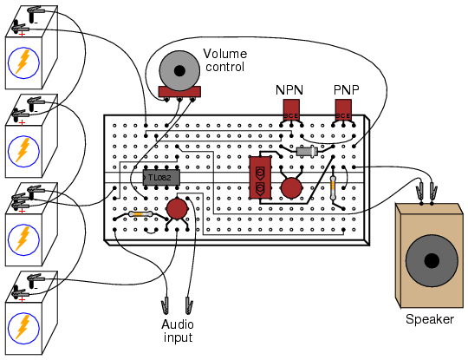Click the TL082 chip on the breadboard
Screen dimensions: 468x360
pyautogui.click(x=161, y=178)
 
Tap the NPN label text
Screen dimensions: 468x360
pyautogui.click(x=289, y=90)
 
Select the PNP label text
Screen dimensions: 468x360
pyautogui.click(x=346, y=89)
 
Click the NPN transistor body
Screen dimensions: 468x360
pyautogui.click(x=291, y=109)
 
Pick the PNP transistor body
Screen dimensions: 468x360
pyautogui.click(x=343, y=109)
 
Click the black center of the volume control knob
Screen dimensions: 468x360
pyautogui.click(x=179, y=71)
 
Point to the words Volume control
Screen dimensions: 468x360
pyautogui.click(x=225, y=60)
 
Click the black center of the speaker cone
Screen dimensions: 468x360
pyautogui.click(x=432, y=261)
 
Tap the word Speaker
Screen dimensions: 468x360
pyautogui.click(x=430, y=319)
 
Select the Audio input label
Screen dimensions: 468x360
pyautogui.click(x=178, y=331)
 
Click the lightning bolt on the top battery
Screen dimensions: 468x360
pyautogui.click(x=23, y=62)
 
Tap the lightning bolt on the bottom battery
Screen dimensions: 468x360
pyautogui.click(x=23, y=327)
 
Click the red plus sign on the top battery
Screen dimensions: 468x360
pyautogui.click(x=22, y=35)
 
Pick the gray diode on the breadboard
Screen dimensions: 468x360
pyautogui.click(x=307, y=152)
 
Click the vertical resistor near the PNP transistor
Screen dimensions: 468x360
pyautogui.click(x=333, y=188)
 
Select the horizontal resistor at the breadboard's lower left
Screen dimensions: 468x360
pyautogui.click(x=141, y=214)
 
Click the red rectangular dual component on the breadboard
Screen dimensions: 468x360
pyautogui.click(x=260, y=177)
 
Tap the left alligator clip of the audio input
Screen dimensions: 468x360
pyautogui.click(x=165, y=305)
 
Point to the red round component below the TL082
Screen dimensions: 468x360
pyautogui.click(x=177, y=209)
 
